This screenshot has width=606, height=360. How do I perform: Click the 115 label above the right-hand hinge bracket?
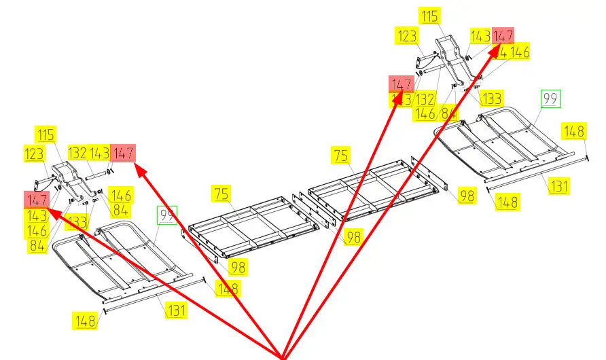430,16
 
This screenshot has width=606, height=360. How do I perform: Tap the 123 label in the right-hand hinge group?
408,37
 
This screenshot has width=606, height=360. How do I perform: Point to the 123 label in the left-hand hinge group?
34,154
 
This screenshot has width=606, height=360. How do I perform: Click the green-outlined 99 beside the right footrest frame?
550,98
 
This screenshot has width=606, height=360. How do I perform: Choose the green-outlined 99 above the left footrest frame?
166,215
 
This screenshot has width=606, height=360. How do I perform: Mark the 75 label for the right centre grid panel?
341,155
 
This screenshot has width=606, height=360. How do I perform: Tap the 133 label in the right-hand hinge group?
491,98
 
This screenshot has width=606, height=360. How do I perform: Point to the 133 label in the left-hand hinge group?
76,221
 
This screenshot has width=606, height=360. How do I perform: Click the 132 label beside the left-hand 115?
77,154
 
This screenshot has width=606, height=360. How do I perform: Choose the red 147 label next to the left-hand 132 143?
123,154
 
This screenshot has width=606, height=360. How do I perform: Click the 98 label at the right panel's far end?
467,196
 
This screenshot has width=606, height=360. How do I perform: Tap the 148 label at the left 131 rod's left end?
85,319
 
